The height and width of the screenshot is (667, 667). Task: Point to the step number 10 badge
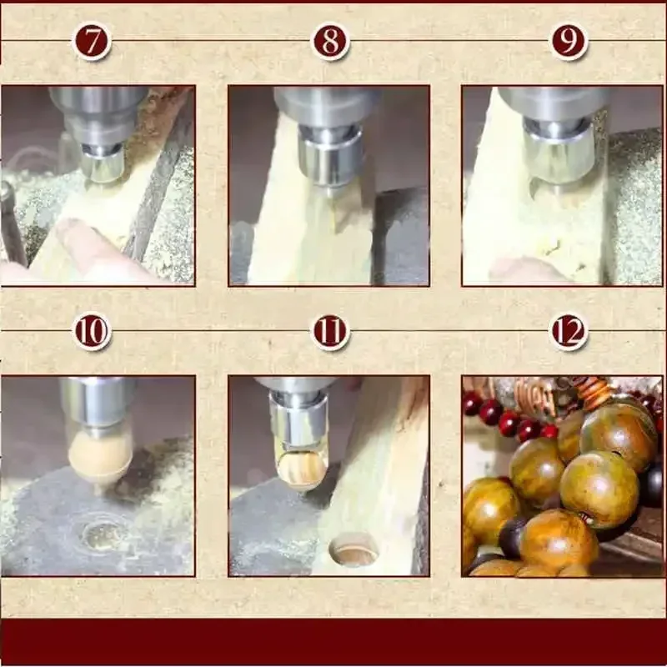coord(92,332)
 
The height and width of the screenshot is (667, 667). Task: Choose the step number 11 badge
coord(330,332)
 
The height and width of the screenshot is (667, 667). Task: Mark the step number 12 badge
coord(569,332)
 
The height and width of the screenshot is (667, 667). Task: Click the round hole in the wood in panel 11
coord(354,550)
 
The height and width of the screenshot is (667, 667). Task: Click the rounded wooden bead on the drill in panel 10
coord(99,455)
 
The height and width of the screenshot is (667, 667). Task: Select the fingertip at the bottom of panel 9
coord(517,269)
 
